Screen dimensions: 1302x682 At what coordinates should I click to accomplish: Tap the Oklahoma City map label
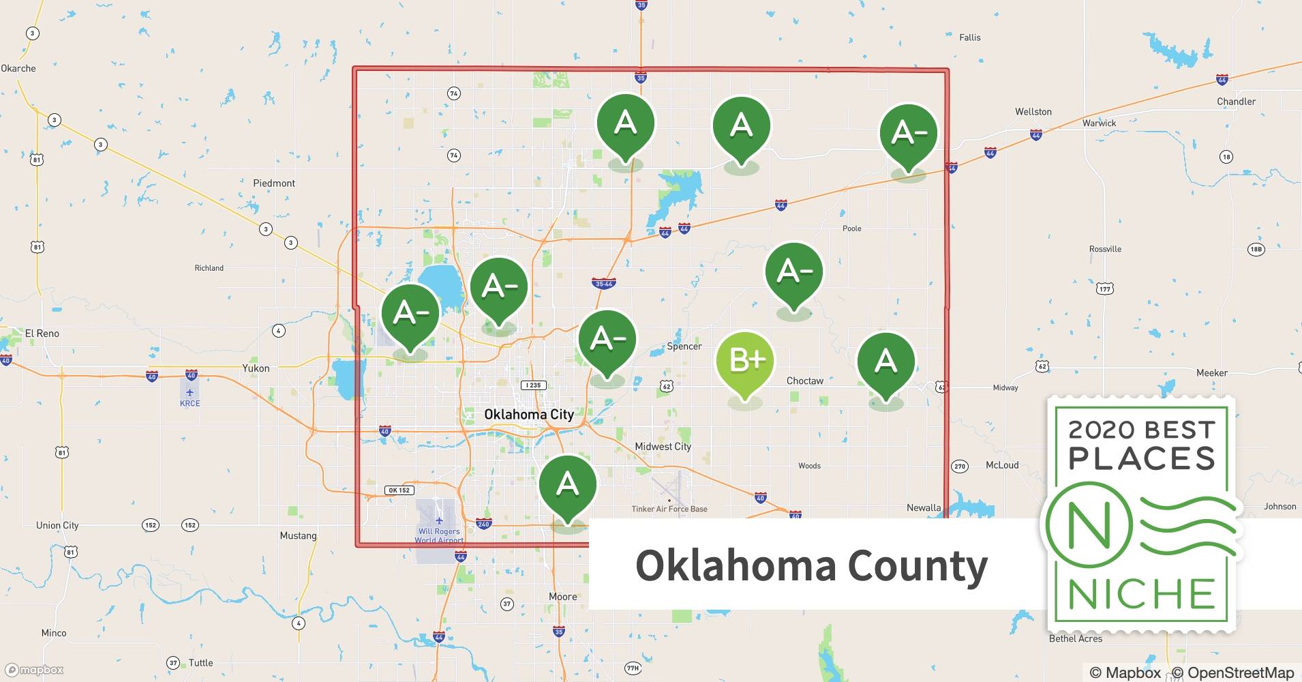coord(529,414)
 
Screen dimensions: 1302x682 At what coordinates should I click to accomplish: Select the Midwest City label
coord(663,447)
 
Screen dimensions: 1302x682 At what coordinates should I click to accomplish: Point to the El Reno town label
coord(42,333)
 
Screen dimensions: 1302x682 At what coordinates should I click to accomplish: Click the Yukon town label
coord(256,368)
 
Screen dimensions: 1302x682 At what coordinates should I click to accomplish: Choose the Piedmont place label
coord(274,183)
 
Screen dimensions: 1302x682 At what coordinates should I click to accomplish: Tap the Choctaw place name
coord(805,381)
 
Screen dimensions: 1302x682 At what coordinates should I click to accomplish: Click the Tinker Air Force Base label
coord(669,509)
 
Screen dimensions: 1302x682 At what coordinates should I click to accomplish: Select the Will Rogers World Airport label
coord(439,535)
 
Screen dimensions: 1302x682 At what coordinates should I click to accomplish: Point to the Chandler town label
coord(1236,102)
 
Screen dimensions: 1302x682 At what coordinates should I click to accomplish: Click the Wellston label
coord(1033,112)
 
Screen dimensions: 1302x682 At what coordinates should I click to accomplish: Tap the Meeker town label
coord(1212,373)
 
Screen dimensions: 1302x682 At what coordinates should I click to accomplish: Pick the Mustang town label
coord(298,535)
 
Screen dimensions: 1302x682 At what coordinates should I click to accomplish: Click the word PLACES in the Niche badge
coord(1142,458)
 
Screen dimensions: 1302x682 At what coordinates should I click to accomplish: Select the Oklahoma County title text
coord(811,565)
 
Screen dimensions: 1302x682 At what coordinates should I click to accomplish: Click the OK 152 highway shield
coord(399,490)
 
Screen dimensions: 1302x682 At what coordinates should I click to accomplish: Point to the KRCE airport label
coord(190,403)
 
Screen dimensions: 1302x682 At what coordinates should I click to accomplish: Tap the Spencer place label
coord(684,346)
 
